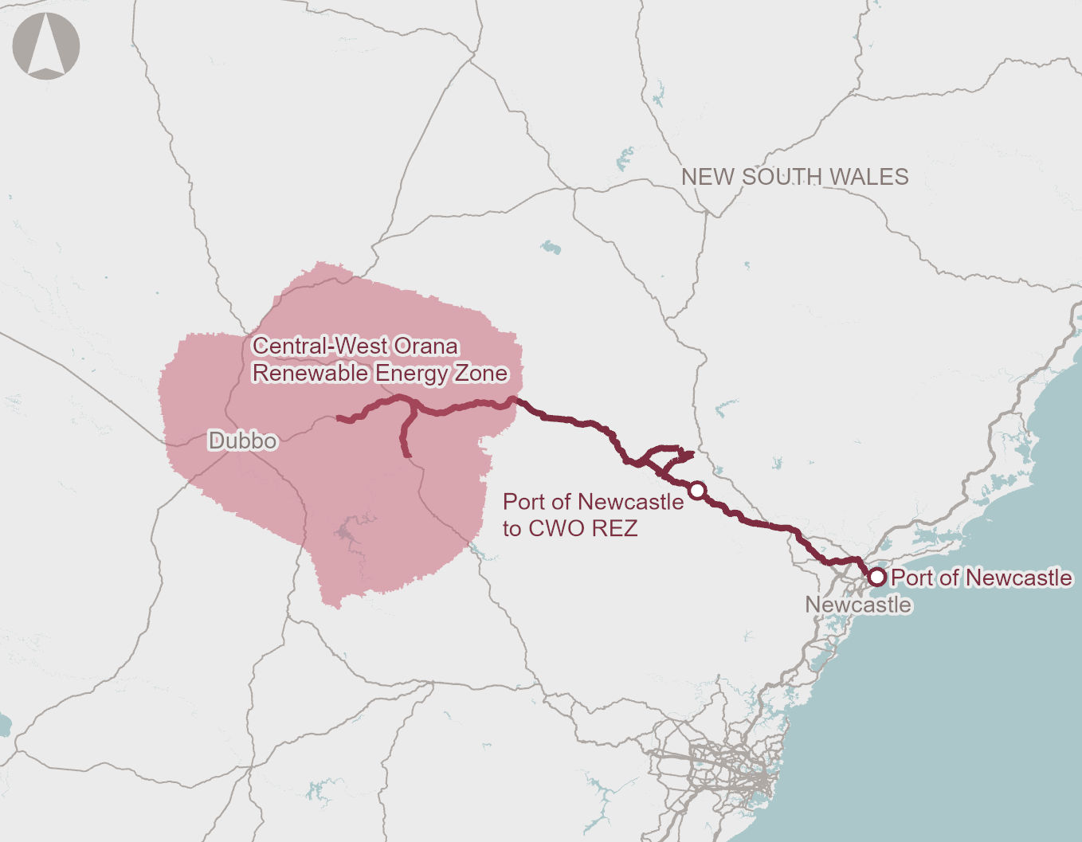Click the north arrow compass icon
[46, 45]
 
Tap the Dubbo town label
[242, 441]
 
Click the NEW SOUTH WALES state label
[794, 177]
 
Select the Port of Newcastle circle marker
[876, 576]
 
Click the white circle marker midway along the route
[697, 490]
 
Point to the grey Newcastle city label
[857, 605]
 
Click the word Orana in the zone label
[425, 347]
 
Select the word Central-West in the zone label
[320, 347]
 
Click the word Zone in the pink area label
[480, 374]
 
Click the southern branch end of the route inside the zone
[406, 455]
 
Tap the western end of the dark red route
[339, 417]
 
